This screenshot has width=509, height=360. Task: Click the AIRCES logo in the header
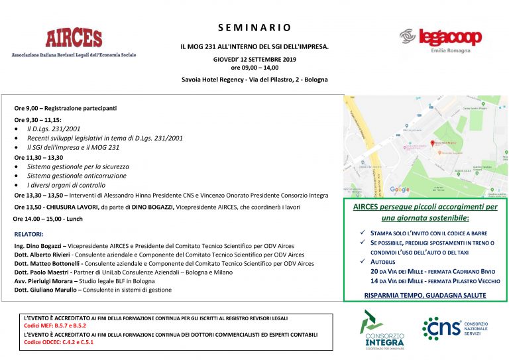coord(74,41)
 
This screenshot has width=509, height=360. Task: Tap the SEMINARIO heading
coord(254,28)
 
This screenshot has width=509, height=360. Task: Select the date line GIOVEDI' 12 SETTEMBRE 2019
coord(254,59)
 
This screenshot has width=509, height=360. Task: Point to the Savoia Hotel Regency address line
coord(254,80)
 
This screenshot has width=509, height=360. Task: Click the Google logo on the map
coord(399,190)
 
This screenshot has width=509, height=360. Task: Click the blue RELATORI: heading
coord(29,234)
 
